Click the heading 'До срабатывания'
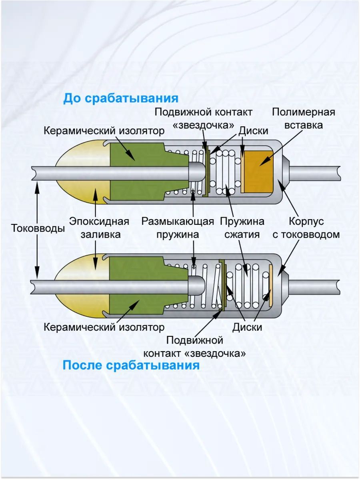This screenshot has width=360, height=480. [120, 98]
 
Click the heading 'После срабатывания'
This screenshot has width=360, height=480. [131, 365]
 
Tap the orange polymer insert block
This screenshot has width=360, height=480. [258, 171]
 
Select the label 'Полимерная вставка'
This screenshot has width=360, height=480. [303, 118]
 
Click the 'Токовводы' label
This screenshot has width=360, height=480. [38, 228]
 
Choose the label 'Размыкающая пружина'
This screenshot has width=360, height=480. [178, 228]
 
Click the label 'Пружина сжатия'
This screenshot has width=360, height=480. [242, 228]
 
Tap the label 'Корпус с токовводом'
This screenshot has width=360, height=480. [306, 228]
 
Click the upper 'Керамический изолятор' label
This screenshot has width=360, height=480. [104, 131]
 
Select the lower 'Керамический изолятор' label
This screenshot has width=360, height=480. [104, 327]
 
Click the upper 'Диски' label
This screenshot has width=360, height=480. [253, 131]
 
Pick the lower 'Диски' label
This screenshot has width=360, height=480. [247, 327]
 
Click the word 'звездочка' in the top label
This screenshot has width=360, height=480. [203, 125]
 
